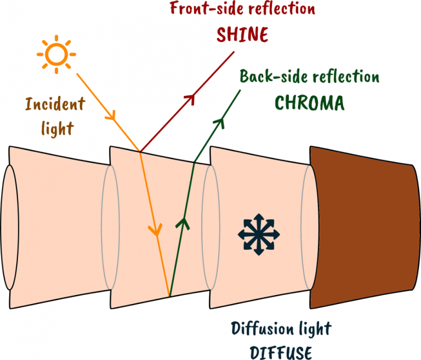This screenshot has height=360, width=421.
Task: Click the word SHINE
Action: click(242, 35)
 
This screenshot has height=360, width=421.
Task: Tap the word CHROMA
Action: click(309, 102)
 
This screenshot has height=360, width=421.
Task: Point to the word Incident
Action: click(55, 104)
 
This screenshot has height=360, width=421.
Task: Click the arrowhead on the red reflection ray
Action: click(191, 100)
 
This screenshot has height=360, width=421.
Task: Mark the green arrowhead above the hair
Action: click(220, 122)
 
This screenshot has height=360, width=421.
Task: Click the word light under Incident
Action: click(57, 129)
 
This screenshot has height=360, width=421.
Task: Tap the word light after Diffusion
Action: click(316, 329)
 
